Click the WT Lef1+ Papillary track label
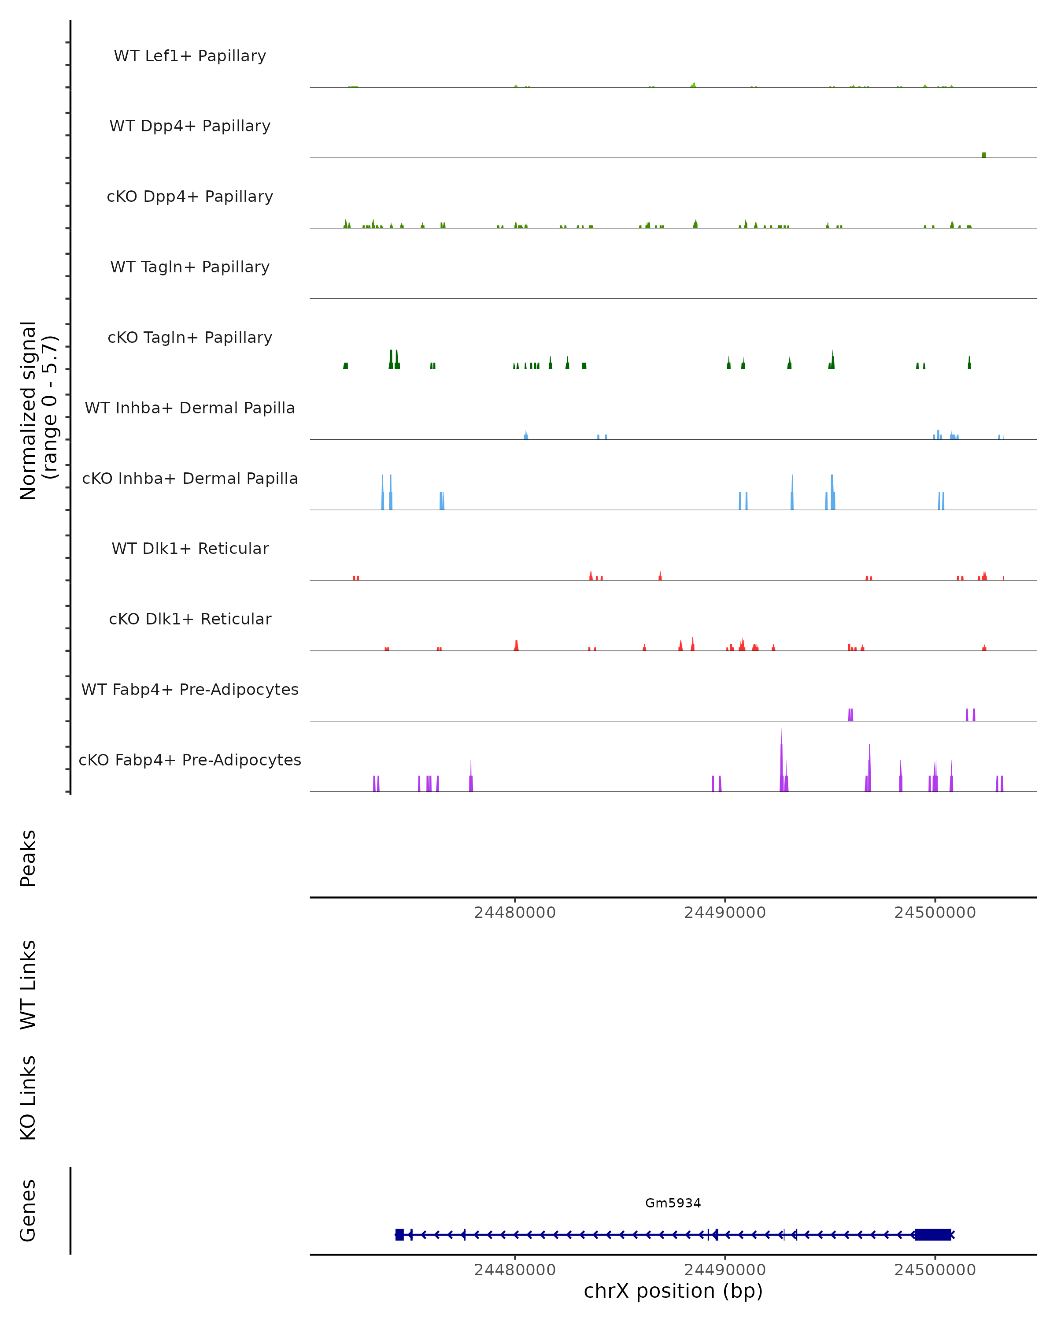190,56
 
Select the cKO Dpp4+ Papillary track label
190,197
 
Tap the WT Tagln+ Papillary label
190,267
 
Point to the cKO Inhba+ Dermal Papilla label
190,479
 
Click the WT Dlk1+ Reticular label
190,549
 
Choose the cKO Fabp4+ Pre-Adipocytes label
190,760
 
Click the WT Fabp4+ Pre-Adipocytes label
190,690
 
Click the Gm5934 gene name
673,1203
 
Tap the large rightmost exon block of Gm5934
933,1234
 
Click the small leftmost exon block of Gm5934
399,1234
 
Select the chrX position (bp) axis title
673,1291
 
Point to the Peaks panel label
28,858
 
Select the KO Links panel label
28,1098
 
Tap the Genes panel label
28,1211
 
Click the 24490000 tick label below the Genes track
725,1270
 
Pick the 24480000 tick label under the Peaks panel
515,913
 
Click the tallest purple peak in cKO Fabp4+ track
781,760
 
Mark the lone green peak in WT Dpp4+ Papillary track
983,155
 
